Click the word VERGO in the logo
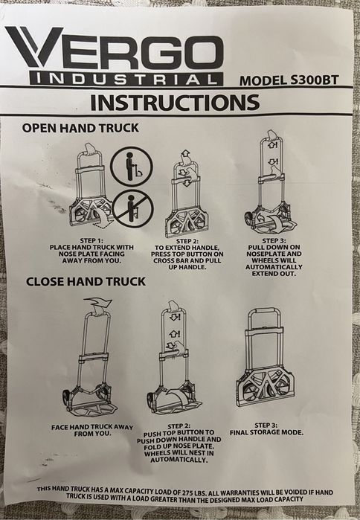[115, 49]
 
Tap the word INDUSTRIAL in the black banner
[126, 80]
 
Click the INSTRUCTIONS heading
[175, 103]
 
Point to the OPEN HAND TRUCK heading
[80, 128]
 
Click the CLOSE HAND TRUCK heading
[86, 281]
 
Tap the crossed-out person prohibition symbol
[132, 209]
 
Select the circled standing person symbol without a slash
[132, 165]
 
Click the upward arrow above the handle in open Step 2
[185, 154]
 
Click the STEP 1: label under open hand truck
[91, 240]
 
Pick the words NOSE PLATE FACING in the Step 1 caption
[91, 254]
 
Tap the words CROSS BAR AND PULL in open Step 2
[187, 260]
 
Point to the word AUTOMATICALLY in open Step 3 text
[274, 267]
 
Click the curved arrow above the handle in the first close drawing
[98, 303]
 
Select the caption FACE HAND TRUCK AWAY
[91, 427]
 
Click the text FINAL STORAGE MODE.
[266, 432]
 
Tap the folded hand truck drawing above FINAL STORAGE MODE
[266, 358]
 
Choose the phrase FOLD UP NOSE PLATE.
[179, 446]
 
